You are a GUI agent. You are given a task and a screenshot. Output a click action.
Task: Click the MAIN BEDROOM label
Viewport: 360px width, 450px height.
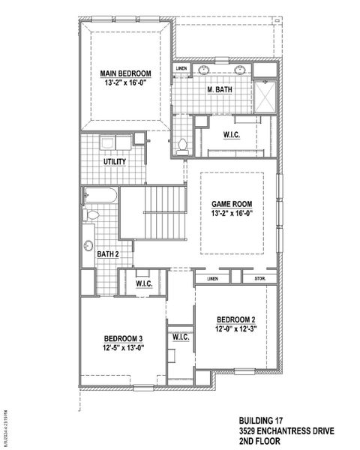126,73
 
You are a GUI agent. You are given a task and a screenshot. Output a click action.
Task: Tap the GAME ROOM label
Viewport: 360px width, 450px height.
231,203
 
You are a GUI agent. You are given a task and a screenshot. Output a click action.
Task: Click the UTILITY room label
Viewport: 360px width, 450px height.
115,161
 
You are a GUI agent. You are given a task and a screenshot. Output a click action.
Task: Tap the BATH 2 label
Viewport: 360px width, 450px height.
107,254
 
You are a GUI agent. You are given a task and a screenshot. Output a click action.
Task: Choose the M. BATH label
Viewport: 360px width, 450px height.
219,90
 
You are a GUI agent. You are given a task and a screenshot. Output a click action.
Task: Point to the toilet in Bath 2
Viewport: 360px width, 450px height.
91,216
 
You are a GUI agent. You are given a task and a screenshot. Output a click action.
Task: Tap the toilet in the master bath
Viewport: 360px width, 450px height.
182,145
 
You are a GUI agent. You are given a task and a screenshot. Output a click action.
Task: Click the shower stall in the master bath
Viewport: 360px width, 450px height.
265,96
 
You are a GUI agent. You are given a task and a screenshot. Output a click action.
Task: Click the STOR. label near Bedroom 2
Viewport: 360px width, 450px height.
261,280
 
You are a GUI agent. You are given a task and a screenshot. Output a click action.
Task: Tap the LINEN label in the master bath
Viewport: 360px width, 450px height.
181,69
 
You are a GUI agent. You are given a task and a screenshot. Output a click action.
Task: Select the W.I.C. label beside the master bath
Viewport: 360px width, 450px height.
232,136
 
